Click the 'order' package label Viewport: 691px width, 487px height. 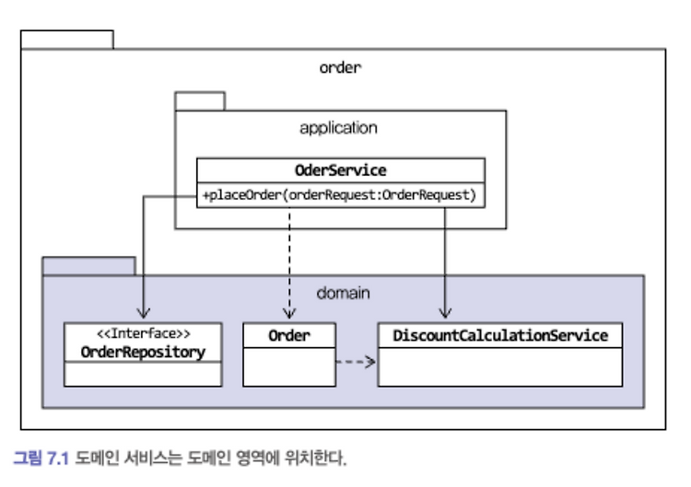click(x=340, y=67)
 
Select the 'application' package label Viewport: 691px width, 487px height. click(x=338, y=128)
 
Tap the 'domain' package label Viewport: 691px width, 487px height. click(x=344, y=293)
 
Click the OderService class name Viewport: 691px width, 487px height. click(x=341, y=170)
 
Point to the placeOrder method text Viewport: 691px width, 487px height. click(x=339, y=194)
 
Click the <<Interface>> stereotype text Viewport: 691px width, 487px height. click(x=143, y=333)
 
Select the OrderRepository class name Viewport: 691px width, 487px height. click(x=143, y=352)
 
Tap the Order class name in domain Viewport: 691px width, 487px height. click(x=289, y=335)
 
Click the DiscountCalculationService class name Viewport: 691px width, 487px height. click(x=500, y=335)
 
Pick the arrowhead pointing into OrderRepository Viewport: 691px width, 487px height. click(x=143, y=314)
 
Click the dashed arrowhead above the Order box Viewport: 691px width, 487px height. click(x=289, y=314)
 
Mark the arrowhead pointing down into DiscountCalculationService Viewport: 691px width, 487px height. click(x=445, y=314)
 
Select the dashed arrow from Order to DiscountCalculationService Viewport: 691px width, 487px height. click(x=356, y=362)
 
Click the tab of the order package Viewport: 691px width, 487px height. click(x=67, y=40)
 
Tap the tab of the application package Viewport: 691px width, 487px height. click(x=200, y=101)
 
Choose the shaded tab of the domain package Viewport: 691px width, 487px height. click(x=88, y=266)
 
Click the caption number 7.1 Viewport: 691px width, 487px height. click(x=58, y=458)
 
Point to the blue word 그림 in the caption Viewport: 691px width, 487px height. click(x=29, y=458)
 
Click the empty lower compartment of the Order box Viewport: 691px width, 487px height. click(x=289, y=367)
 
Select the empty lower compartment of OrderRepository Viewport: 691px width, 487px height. click(x=143, y=375)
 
